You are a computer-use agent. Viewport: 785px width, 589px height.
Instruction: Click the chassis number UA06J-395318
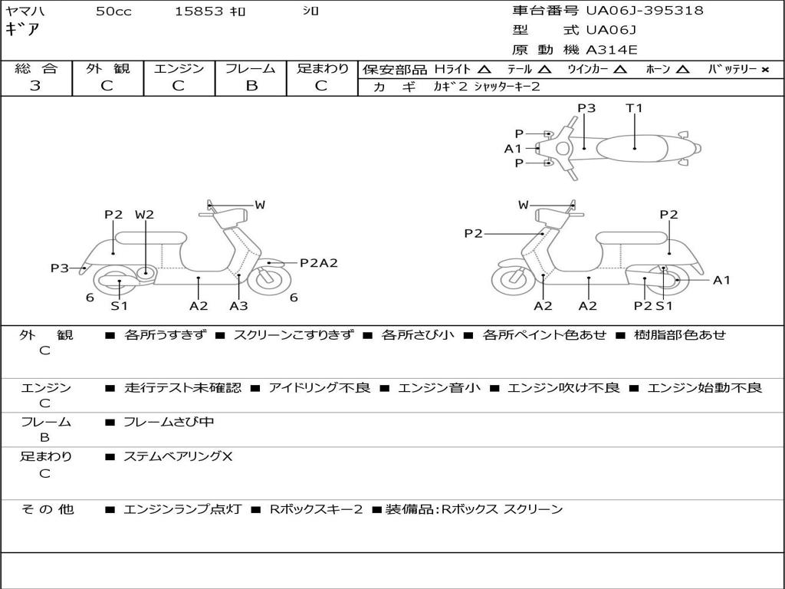[645, 11]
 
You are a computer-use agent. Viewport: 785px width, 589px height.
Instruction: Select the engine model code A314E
[611, 50]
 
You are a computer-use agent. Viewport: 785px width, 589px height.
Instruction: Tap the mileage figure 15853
[199, 12]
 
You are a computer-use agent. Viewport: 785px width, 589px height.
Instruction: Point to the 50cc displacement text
[113, 12]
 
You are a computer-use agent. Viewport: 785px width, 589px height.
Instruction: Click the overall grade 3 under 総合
[35, 86]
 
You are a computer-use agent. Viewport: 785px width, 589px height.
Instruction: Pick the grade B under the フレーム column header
[251, 86]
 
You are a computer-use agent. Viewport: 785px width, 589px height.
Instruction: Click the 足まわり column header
[322, 68]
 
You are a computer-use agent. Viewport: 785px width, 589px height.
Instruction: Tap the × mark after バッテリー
[764, 69]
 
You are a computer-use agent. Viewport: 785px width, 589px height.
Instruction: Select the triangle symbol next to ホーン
[683, 69]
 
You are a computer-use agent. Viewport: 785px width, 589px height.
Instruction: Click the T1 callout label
[634, 108]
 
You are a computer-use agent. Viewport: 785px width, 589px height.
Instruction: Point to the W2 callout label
[144, 215]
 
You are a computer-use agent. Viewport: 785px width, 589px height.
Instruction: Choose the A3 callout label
[238, 306]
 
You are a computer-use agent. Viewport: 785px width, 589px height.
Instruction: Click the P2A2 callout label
[318, 263]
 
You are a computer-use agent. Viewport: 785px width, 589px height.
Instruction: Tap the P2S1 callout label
[653, 306]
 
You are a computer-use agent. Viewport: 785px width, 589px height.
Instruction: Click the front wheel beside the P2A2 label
[268, 278]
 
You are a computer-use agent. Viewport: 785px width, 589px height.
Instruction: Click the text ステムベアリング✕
[178, 457]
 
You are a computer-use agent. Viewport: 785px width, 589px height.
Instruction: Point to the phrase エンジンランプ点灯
[182, 509]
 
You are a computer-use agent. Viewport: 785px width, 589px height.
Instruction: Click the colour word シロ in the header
[310, 12]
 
